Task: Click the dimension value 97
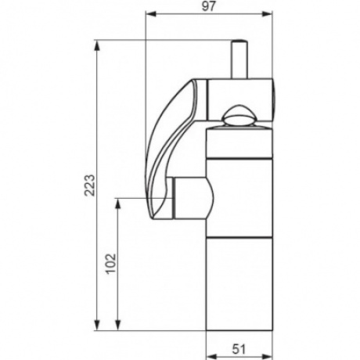tap(209, 6)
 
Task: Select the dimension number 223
tap(90, 185)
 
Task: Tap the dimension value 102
tap(111, 263)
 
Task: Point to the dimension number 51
tap(239, 349)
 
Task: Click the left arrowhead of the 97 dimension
tap(151, 14)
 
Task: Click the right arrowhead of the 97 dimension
tap(268, 14)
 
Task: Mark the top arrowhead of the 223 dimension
tap(97, 45)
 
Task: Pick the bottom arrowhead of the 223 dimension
tap(97, 326)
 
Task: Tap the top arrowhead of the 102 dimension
tap(118, 203)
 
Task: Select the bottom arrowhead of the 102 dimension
tap(118, 326)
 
